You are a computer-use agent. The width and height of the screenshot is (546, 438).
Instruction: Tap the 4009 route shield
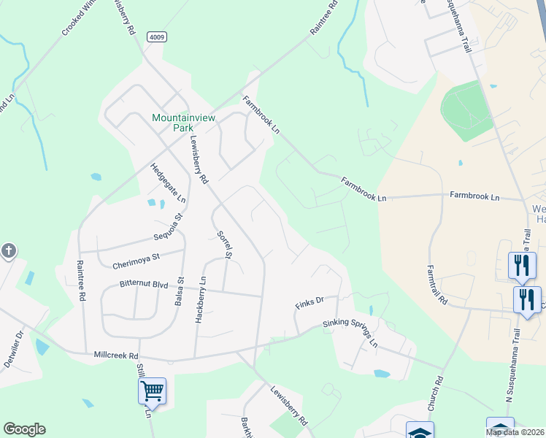click(155, 37)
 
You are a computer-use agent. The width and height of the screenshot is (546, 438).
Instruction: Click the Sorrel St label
click(224, 245)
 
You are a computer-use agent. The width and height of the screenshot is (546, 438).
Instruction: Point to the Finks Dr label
click(309, 302)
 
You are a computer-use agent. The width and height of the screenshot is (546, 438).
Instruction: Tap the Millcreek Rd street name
click(116, 356)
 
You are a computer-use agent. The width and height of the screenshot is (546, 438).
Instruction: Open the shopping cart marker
click(152, 391)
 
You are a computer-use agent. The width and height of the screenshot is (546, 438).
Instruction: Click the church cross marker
click(8, 252)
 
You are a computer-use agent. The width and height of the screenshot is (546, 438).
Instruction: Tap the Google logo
click(24, 429)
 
